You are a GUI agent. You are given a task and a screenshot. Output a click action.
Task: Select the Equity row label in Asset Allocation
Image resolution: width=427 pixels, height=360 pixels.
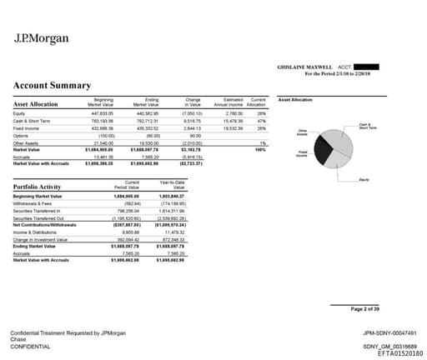coord(19,111)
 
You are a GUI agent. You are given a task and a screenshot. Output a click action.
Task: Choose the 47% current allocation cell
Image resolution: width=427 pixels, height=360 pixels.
coord(261,119)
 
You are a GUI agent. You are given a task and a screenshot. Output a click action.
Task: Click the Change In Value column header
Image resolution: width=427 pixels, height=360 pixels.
coord(193,101)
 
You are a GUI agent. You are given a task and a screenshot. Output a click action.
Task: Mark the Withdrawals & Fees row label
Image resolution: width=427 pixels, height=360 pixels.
coord(34,202)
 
